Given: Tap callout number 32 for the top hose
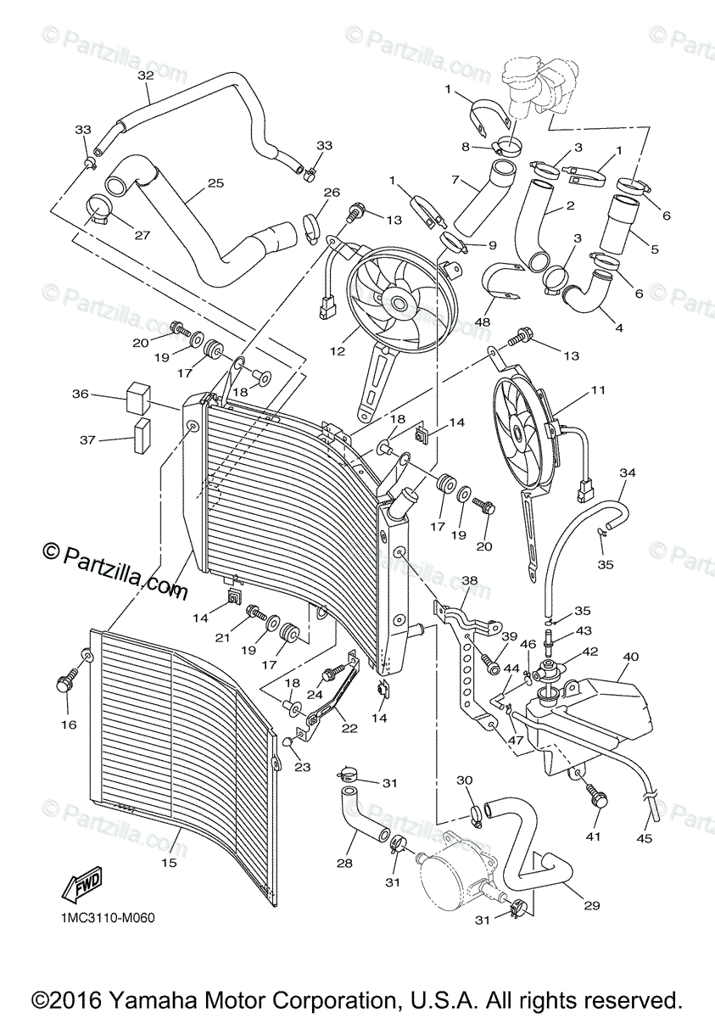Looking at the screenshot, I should (145, 76).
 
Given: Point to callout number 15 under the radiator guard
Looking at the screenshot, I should (169, 863).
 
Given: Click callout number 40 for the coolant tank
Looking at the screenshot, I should (631, 656).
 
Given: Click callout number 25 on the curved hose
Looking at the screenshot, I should (215, 183).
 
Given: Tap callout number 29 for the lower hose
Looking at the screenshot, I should (591, 905).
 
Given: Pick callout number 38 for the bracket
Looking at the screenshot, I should (470, 582).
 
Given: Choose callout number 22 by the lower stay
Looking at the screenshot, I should (350, 728).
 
